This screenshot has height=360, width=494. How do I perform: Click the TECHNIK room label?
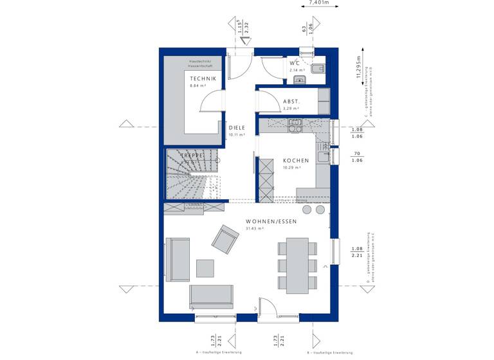pos(203,78)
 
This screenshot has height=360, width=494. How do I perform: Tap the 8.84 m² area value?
pos(197,85)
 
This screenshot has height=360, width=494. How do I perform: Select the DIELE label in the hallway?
pos(237,128)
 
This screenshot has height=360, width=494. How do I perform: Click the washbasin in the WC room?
pos(298,80)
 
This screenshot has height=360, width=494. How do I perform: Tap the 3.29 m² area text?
pos(291,109)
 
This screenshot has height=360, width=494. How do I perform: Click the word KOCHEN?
pos(296,161)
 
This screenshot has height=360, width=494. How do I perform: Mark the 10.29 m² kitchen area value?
pos(293,168)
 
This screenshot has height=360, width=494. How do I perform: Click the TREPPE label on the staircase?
pos(192,156)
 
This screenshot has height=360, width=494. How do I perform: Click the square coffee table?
pos(205,268)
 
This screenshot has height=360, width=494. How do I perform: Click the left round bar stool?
pos(307,210)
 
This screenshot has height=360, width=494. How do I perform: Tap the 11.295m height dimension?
pos(359,65)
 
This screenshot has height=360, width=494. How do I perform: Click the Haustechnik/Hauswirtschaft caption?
pos(205,63)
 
